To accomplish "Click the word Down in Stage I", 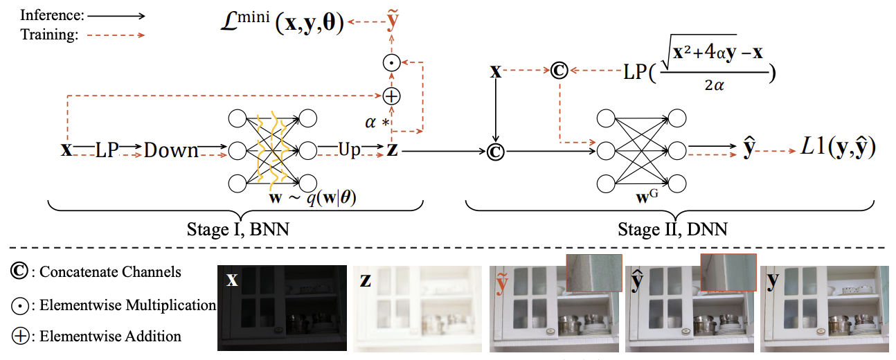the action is tap(171, 151).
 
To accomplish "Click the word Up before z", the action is tap(349, 150).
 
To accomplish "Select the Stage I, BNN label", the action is tap(238, 230).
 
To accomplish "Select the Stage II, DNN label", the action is tap(672, 230).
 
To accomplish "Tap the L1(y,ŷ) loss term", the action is tap(838, 147).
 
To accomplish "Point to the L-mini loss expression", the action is tap(283, 22).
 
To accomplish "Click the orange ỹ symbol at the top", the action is tap(393, 20).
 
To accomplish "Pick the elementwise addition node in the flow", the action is tap(391, 96).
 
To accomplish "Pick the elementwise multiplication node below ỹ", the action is tap(392, 63).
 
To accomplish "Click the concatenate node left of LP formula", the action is tap(559, 71).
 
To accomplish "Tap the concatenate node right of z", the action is tap(496, 152).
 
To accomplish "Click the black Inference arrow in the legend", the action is tap(116, 16).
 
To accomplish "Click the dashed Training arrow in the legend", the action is tap(116, 35).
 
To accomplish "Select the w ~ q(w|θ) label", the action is tap(312, 197).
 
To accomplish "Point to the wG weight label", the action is tap(647, 196).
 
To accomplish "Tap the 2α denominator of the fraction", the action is tap(714, 84).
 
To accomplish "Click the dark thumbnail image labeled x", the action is tap(282, 308).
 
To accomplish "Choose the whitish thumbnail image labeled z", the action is tap(418, 308).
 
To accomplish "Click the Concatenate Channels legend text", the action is tap(110, 272).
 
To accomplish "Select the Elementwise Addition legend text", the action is tap(110, 336).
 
